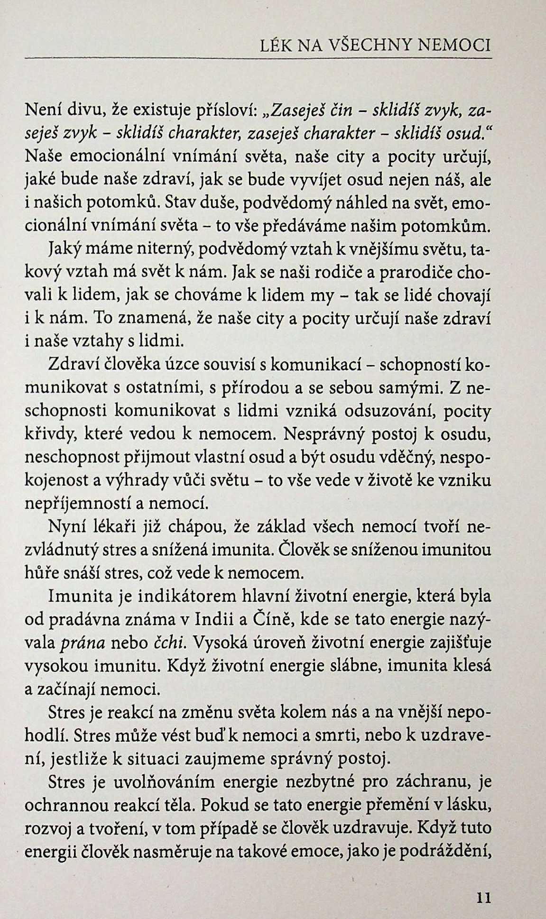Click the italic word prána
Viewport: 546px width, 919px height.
coord(83,643)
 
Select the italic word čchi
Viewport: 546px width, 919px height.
coord(170,643)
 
